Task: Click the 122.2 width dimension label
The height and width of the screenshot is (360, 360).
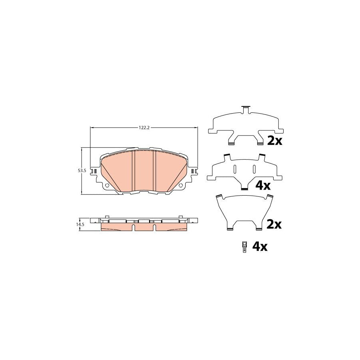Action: (144, 128)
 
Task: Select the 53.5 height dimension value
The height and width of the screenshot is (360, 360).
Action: (82, 171)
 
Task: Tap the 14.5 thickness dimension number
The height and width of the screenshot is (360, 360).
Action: (81, 224)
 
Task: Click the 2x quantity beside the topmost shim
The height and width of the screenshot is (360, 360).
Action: (275, 140)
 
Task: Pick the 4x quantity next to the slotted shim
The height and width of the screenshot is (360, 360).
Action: (263, 185)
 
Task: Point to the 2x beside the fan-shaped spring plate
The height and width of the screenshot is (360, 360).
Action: (274, 224)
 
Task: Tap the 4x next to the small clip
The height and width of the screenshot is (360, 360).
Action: (260, 247)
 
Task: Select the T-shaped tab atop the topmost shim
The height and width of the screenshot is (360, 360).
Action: (246, 109)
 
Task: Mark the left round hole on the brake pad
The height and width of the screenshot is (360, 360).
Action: (107, 185)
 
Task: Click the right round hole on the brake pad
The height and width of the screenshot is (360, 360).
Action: (181, 185)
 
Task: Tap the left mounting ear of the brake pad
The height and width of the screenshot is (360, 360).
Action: (94, 172)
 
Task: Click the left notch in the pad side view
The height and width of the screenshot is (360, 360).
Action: (134, 228)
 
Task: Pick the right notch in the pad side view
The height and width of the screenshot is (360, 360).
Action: (153, 228)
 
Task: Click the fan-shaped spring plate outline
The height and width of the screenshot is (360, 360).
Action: (244, 208)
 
